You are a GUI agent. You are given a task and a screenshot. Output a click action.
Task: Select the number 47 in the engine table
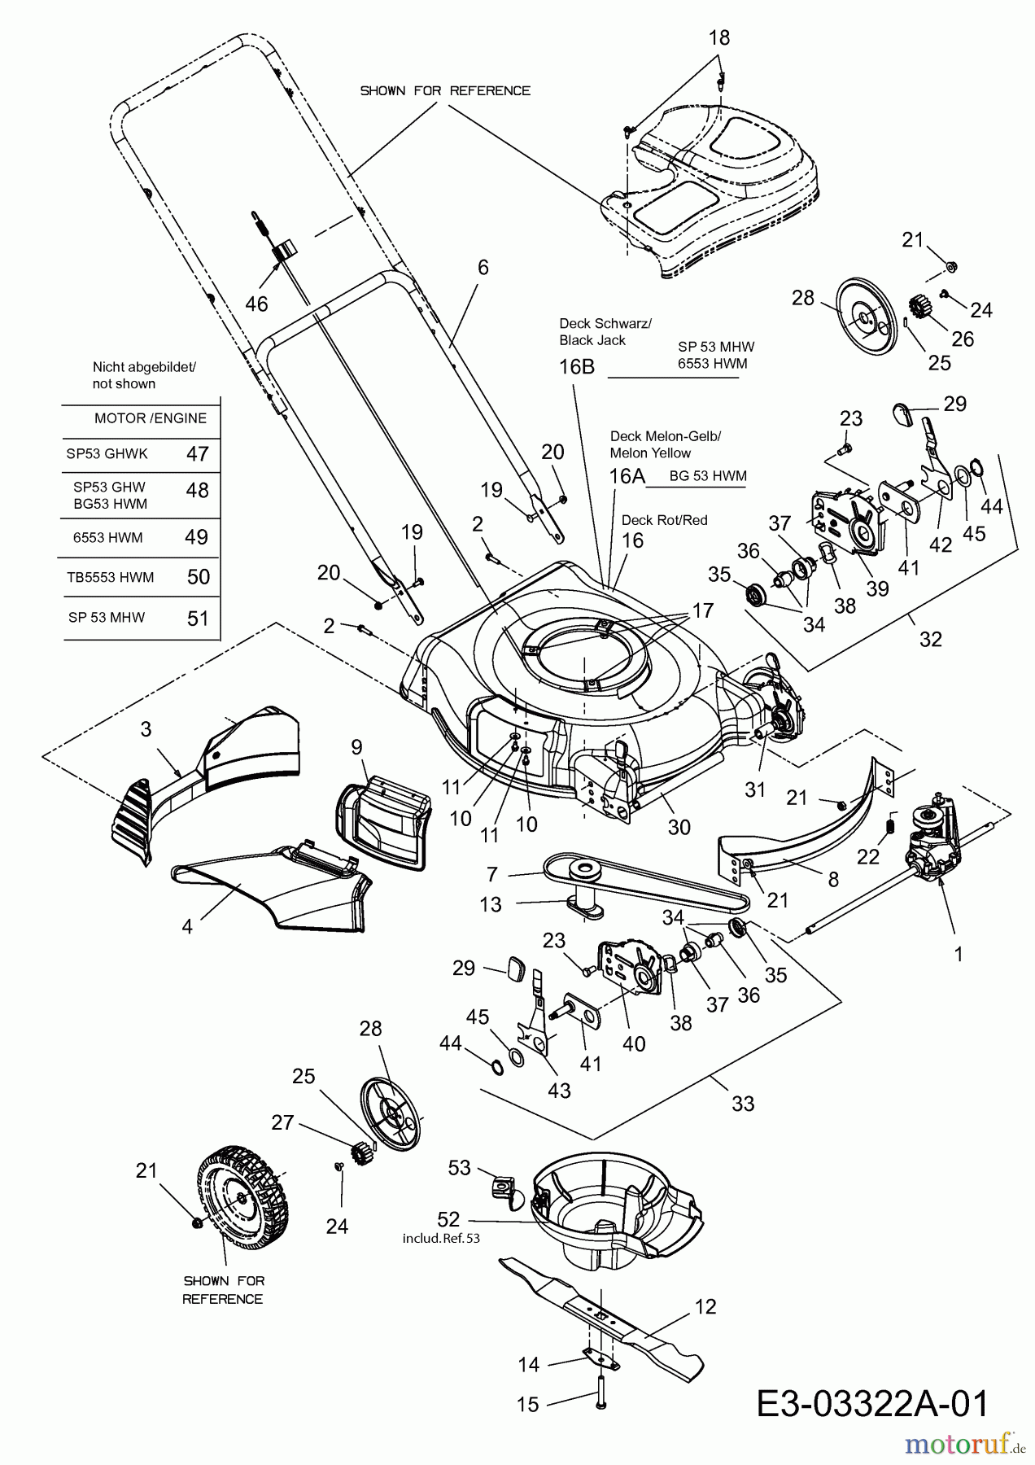[x=198, y=453]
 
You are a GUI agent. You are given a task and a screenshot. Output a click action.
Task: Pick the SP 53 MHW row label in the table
[x=107, y=617]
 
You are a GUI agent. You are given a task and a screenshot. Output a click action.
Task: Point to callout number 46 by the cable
[x=256, y=304]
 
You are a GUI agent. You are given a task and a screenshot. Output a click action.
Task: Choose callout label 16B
[x=577, y=366]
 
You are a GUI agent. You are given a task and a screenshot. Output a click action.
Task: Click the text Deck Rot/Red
[x=664, y=520]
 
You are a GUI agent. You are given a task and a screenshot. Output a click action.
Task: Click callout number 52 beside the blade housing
[x=448, y=1219]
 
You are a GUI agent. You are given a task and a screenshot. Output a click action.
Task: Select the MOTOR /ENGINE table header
[x=151, y=418]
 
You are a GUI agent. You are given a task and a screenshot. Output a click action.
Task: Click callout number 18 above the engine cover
[x=718, y=37]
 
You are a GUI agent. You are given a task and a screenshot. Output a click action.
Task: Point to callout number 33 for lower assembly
[x=743, y=1104]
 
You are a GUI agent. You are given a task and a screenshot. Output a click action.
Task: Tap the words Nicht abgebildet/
[x=144, y=367]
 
